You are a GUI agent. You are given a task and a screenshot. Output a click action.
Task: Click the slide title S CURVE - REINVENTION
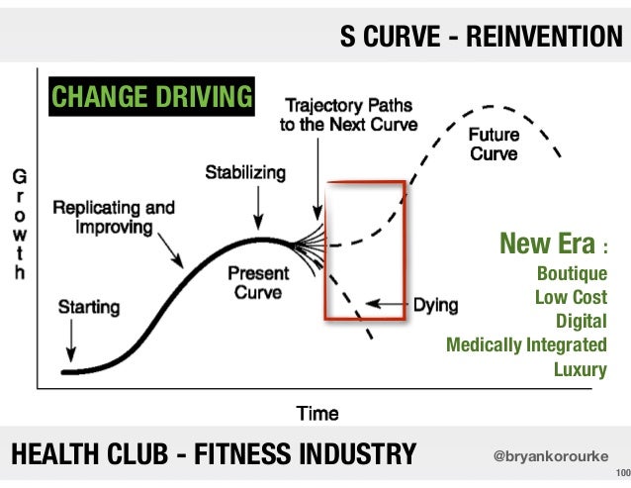point(482,37)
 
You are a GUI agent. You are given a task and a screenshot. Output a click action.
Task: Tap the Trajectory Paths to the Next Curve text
point(350,115)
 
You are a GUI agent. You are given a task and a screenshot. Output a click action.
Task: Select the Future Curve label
point(496,146)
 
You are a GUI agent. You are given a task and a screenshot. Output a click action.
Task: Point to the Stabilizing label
point(245,173)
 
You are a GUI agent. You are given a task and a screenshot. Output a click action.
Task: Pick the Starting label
point(89,307)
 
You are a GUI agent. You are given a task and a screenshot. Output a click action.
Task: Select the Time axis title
point(317,413)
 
